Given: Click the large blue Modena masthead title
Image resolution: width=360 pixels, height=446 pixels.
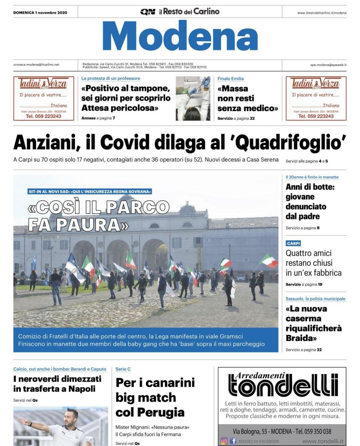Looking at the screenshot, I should click(180, 36).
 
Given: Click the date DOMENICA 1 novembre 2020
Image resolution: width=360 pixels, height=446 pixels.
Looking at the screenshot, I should click(40, 12).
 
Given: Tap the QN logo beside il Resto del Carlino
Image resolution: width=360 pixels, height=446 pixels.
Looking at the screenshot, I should click(148, 12).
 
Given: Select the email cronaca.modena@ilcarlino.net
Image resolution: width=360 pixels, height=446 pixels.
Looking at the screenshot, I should click(36, 64).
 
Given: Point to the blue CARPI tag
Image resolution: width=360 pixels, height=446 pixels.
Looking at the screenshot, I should click(293, 243).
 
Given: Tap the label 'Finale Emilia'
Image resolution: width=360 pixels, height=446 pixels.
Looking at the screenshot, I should click(231, 79).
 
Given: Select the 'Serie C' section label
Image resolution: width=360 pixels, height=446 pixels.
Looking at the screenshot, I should click(123, 369).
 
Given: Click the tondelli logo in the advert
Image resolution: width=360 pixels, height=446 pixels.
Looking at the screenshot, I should click(283, 385).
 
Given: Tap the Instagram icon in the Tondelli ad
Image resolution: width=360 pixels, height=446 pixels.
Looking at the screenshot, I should click(224, 441).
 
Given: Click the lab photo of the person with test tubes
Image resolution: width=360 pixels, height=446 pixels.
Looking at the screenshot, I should click(193, 98).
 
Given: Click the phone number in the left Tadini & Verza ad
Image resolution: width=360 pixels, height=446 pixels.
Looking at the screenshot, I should click(43, 116).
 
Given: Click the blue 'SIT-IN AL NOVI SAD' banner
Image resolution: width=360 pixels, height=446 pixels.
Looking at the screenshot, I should click(90, 191).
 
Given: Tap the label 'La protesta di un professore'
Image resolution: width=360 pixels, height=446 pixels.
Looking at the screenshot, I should click(111, 78).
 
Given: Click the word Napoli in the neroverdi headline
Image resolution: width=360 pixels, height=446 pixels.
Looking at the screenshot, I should click(81, 389).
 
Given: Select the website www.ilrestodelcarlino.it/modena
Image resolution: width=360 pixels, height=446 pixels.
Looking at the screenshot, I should click(322, 13).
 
